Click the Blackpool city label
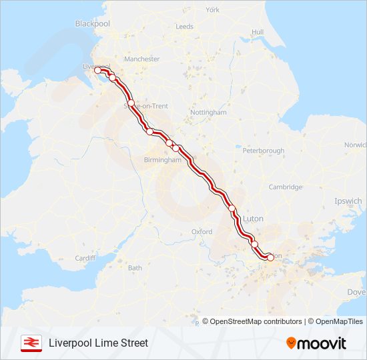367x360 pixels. tap(92, 23)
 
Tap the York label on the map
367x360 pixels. tap(212, 10)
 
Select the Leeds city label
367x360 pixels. tap(184, 27)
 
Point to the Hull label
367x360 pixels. tap(258, 32)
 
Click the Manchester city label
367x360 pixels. tap(141, 59)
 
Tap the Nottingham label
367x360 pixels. tap(208, 113)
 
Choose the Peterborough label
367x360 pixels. tap(263, 151)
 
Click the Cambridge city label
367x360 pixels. tap(285, 187)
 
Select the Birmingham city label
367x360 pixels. tap(163, 160)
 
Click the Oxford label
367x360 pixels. tap(202, 231)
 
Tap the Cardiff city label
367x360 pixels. tap(85, 258)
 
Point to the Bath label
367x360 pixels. tap(135, 268)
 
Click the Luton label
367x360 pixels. tap(254, 218)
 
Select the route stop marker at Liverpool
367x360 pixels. tap(97, 70)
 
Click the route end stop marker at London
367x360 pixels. tap(270, 257)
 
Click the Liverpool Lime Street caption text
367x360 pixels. tap(98, 343)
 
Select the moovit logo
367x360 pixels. tap(316, 343)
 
